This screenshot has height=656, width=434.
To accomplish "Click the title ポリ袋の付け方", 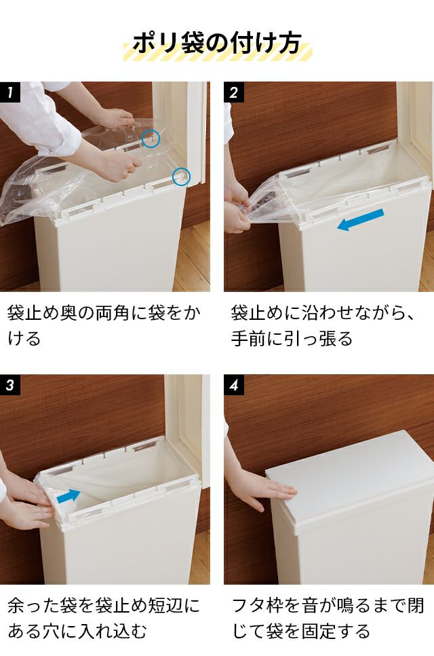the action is [x=217, y=43].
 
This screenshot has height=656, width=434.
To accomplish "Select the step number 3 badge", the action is [x=10, y=385].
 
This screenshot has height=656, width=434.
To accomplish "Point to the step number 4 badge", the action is [x=234, y=385].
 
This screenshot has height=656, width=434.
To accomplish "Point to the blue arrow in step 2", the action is [x=360, y=219].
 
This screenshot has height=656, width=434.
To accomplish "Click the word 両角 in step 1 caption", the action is [x=113, y=313].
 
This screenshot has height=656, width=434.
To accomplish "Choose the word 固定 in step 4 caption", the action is [x=318, y=632].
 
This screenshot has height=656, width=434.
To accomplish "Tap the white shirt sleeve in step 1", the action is [x=40, y=117].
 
